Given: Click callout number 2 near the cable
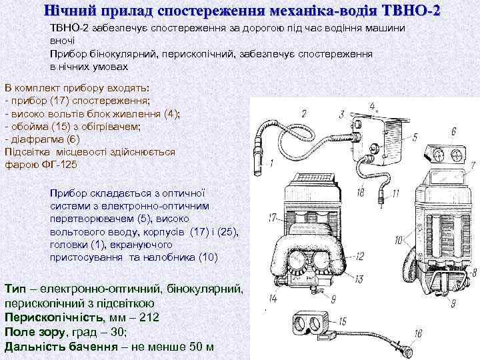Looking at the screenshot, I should pos(304,113).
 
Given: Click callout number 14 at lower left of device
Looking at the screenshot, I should pos(273,298).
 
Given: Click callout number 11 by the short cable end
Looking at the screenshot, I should pos(395,194).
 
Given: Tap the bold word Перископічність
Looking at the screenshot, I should pos(53,317).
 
